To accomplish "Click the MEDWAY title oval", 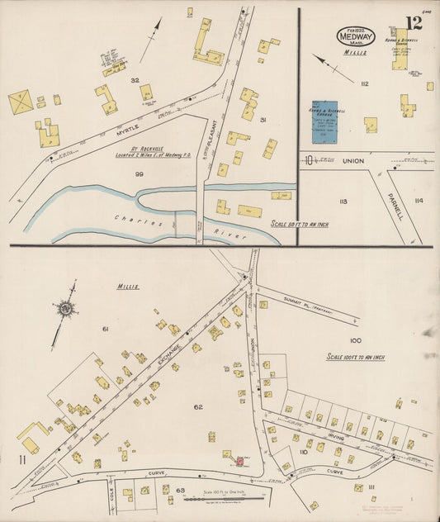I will (x=356, y=36).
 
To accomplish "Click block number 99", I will (x=139, y=173).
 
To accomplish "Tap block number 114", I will (x=419, y=200).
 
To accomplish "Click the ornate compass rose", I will (x=64, y=309).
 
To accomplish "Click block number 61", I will (x=106, y=330).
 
